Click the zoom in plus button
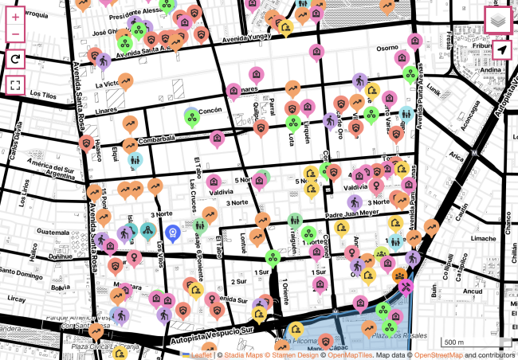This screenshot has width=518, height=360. click(x=16, y=17)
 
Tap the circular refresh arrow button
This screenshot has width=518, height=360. click(x=16, y=59)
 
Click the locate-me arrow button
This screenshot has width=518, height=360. click(x=500, y=51)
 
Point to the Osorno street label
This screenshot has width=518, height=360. click(x=387, y=48)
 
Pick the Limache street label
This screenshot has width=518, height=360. click(x=484, y=238)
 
